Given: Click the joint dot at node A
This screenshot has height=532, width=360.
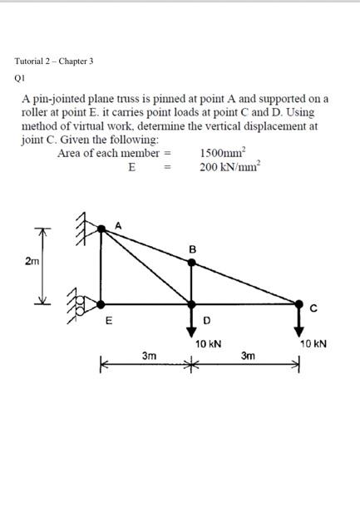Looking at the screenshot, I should pyautogui.click(x=102, y=228).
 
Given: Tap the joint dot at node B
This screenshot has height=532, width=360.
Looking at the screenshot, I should pyautogui.click(x=192, y=263).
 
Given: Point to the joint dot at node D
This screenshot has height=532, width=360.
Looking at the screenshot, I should pyautogui.click(x=192, y=303).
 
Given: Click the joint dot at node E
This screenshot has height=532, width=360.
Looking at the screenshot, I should pyautogui.click(x=102, y=303).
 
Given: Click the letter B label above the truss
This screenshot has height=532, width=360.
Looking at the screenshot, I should pyautogui.click(x=192, y=249).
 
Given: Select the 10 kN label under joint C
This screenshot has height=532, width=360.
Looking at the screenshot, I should pyautogui.click(x=313, y=342).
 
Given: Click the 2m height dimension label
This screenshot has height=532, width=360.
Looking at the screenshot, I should pyautogui.click(x=31, y=262).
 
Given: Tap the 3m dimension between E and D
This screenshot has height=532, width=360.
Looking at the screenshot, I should pyautogui.click(x=149, y=356).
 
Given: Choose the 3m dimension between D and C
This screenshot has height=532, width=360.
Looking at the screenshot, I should pyautogui.click(x=248, y=356).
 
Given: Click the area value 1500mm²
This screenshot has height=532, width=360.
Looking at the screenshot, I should pyautogui.click(x=222, y=153).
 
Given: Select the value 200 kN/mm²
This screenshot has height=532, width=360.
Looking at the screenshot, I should pyautogui.click(x=229, y=166).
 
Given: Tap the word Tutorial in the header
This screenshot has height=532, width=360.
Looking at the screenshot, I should pyautogui.click(x=31, y=62).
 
